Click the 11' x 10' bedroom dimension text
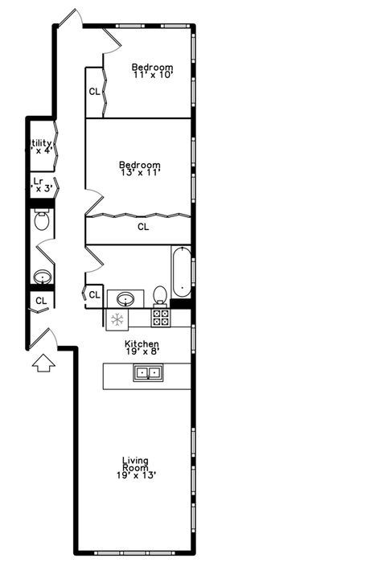click(x=153, y=75)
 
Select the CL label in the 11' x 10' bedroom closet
click(x=95, y=91)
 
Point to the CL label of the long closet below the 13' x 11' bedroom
click(x=142, y=227)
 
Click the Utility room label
click(x=40, y=144)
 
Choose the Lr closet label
click(x=39, y=182)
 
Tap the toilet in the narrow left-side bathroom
click(x=42, y=220)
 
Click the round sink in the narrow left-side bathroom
click(x=42, y=277)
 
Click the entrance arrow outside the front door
click(x=43, y=363)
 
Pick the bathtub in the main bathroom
click(x=181, y=273)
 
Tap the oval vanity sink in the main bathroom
click(x=125, y=298)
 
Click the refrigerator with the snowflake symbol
click(x=117, y=318)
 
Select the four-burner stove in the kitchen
click(x=161, y=317)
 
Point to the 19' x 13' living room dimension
click(x=136, y=475)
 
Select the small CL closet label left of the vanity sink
click(x=95, y=294)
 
